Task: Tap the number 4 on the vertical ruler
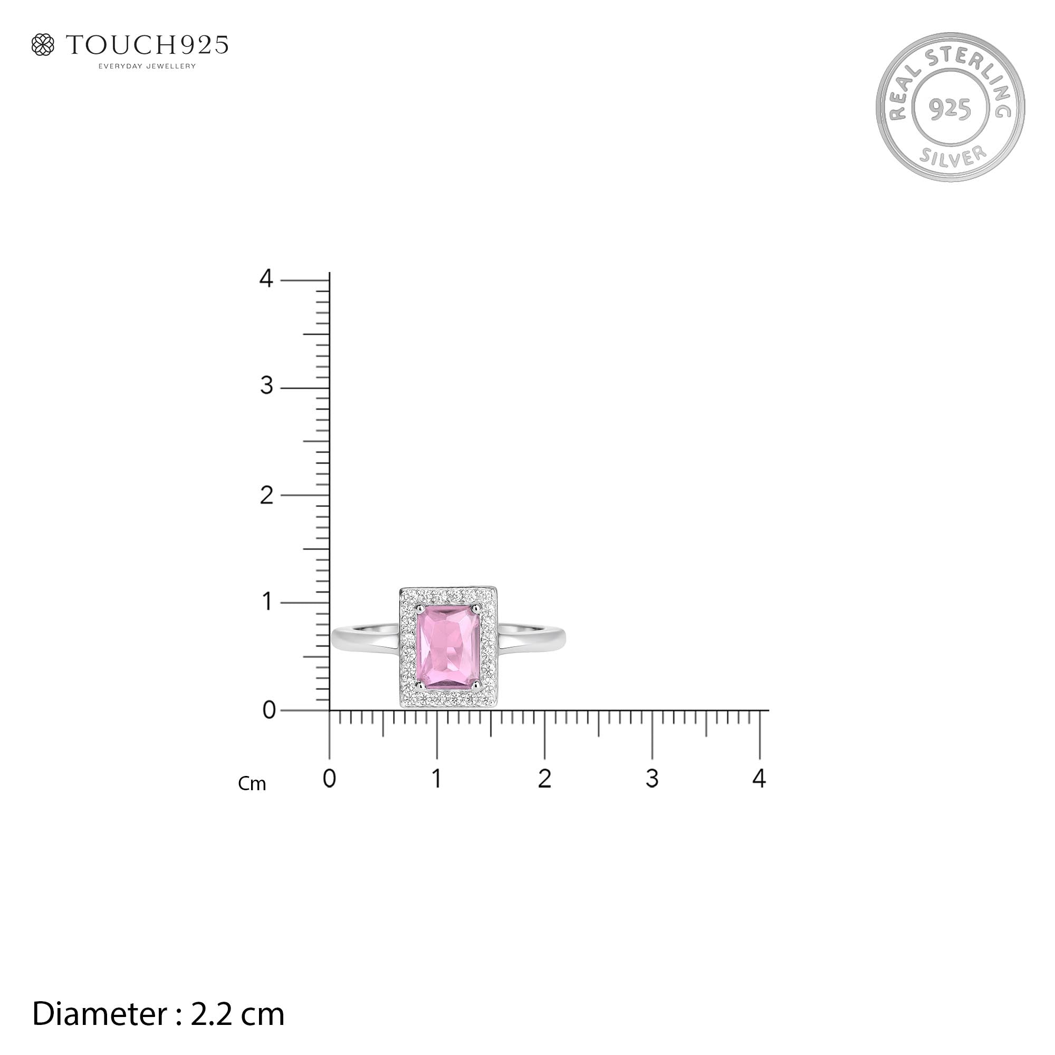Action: [266, 279]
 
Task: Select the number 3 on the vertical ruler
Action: [266, 386]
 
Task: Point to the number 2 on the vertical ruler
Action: [266, 495]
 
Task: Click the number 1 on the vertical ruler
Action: [266, 602]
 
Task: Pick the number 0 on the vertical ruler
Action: [268, 711]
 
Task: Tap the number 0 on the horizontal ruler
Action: [329, 779]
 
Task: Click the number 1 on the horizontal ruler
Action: [436, 779]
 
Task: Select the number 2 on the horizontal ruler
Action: [544, 779]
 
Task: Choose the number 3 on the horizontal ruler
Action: [652, 779]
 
